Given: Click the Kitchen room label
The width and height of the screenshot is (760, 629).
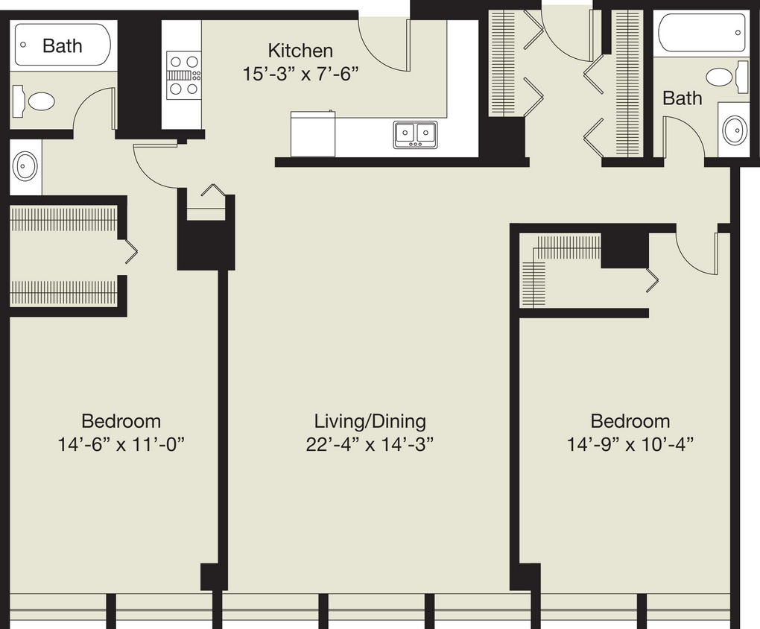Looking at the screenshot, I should coord(300,51).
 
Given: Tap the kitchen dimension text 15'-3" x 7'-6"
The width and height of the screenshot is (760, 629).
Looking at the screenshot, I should coord(300,74).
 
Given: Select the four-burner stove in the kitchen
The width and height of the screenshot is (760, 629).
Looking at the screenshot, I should coord(183,75).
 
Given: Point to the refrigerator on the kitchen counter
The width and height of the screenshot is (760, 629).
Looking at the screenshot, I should coord(312,134).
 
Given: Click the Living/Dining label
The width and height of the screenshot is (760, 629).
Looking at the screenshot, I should coord(370,421).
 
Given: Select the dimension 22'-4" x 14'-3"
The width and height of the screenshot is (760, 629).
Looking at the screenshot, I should coord(370,445).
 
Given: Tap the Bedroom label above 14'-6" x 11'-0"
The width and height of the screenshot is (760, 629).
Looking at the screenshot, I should coord(121,421).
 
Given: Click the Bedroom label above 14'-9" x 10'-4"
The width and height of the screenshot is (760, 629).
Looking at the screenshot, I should coord(630,421).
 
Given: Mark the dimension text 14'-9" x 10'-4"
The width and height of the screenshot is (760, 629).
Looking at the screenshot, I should coord(630,445).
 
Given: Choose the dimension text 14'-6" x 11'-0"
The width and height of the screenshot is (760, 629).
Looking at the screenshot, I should coord(121,445).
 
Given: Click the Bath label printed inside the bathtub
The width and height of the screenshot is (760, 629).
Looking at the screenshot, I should coord(63,45).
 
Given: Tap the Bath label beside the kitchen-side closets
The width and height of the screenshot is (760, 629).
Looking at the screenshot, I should coord(682,98).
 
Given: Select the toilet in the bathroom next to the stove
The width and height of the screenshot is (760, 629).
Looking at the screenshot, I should coord(35,101).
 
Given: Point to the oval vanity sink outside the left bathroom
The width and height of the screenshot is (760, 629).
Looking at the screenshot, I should coord(25,166).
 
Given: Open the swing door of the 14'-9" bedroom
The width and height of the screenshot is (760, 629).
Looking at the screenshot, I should coord(697,253).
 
